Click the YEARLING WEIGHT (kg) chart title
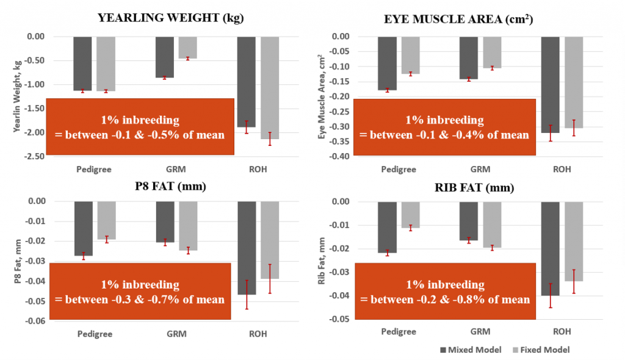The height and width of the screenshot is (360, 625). click(170, 18)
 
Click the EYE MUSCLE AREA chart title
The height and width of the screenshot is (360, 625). click(458, 19)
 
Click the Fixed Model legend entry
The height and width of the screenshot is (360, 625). click(544, 350)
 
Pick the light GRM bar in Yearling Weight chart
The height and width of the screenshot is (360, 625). click(187, 48)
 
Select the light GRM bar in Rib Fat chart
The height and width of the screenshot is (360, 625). click(492, 225)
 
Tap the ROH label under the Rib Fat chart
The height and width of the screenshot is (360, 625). click(562, 332)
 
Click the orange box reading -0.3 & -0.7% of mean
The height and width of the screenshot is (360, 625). click(139, 292)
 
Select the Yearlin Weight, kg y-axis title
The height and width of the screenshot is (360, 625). click(15, 96)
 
